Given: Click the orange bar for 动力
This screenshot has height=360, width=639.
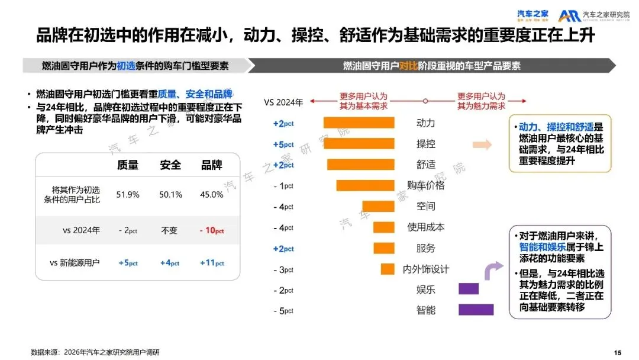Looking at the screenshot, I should point(359,123).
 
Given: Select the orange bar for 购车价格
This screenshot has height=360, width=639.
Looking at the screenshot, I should point(365,185).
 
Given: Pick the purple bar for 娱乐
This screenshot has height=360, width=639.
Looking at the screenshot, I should point(468,289).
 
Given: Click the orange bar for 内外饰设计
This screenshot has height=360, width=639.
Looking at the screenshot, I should point(387,269).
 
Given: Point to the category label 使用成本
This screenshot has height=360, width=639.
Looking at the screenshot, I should point(426,227).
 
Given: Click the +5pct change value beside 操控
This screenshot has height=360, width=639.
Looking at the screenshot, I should point(283,144).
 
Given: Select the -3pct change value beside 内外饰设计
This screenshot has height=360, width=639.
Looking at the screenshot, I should point(283,269).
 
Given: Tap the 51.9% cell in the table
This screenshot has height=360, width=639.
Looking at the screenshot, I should point(128,194).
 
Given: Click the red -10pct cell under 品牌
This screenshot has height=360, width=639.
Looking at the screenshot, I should point(212,230).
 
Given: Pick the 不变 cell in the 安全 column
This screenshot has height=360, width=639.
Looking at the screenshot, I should point(169,230).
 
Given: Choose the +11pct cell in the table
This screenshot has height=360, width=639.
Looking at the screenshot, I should point(212,263).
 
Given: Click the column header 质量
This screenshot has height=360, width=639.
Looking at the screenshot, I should point(128,165).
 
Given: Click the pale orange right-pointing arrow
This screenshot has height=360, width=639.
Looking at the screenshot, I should point(482,144).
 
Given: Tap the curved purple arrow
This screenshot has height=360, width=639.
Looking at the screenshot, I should point(492,273).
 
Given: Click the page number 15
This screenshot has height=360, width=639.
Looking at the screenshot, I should point(618,353).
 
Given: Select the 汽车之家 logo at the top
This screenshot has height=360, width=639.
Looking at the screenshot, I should point(533,15).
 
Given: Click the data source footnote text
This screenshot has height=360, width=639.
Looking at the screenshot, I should point(95,352).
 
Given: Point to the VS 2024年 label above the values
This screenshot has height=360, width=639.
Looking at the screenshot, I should point(283,102).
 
